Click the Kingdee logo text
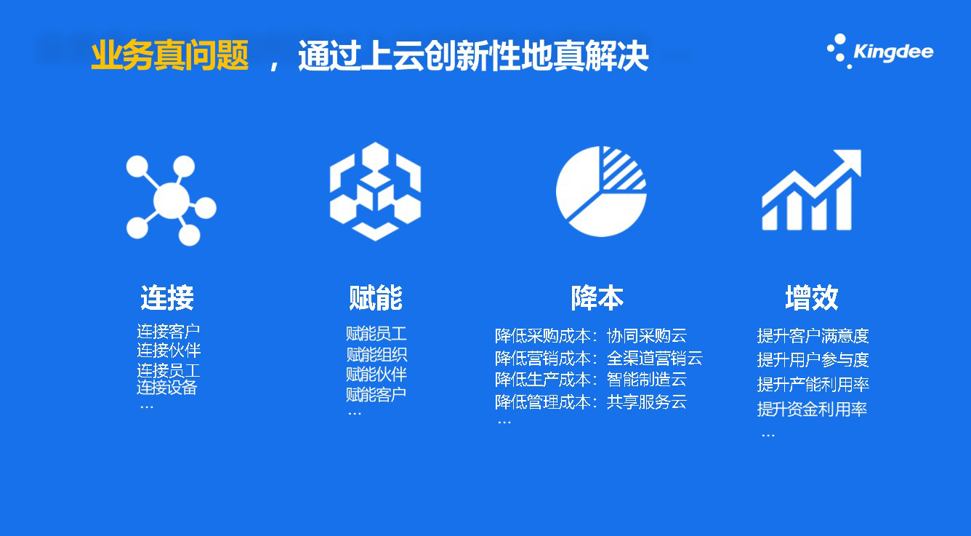[x=893, y=52]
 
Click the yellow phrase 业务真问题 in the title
[x=169, y=55]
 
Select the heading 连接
[x=167, y=297]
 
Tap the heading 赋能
[x=376, y=297]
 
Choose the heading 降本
[x=597, y=297]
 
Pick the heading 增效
[x=812, y=297]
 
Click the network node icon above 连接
[x=172, y=200]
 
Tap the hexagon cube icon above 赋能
[x=376, y=191]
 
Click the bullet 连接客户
[x=168, y=332]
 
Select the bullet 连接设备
[x=167, y=387]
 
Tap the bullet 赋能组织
[x=376, y=355]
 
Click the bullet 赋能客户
[x=376, y=395]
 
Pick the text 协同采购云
[x=647, y=336]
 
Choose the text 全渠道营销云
[x=655, y=359]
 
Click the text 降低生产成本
[x=542, y=380]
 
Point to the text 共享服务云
[x=647, y=402]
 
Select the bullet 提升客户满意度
[x=813, y=336]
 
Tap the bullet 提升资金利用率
[x=812, y=409]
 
